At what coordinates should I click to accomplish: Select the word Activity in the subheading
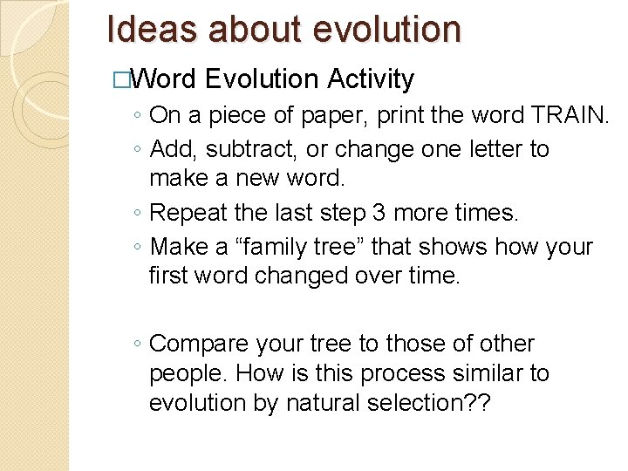pyautogui.click(x=371, y=79)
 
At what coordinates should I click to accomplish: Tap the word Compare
pyautogui.click(x=203, y=344)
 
